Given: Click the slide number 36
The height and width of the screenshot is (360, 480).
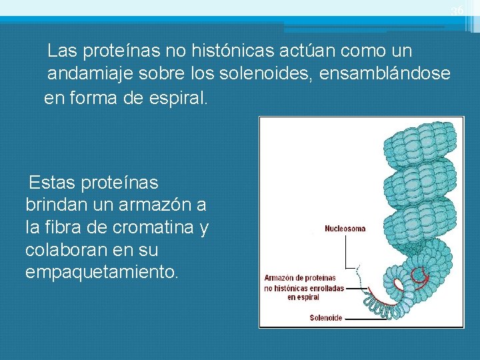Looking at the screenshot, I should (x=457, y=11).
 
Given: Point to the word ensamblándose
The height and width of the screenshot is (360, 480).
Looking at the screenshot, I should (x=385, y=74).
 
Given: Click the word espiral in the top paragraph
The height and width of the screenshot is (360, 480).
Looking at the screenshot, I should (x=181, y=99).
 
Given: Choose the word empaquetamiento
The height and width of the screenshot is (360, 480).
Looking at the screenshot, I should (x=102, y=273).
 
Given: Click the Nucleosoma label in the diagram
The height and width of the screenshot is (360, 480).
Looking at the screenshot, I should (x=345, y=229).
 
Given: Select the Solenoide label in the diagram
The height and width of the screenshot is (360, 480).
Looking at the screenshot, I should (x=326, y=318).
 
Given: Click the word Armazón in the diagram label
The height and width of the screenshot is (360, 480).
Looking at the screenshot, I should (x=282, y=278).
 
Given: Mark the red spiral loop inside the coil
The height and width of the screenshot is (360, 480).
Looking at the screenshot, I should (x=419, y=273).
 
